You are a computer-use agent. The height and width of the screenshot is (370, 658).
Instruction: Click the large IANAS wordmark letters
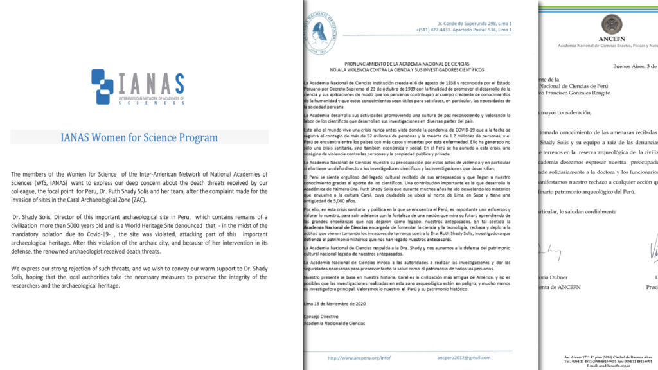[x=149, y=82]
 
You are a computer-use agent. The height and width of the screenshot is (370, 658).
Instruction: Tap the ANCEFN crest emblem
[x=611, y=24]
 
